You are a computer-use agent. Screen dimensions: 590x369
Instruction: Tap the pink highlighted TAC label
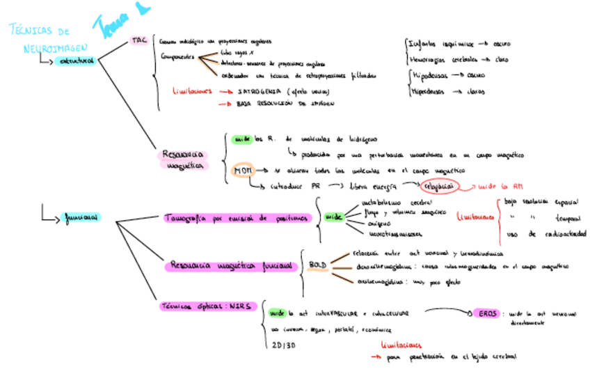point(138,42)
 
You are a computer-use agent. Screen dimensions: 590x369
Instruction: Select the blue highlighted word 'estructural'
point(76,62)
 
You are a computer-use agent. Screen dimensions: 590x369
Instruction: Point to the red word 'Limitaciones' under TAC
point(192,91)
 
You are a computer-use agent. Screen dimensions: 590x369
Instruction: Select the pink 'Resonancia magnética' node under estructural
point(183,159)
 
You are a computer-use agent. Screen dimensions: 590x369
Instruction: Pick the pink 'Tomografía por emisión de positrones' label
point(235,218)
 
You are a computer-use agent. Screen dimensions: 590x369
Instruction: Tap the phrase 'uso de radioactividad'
point(550,234)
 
